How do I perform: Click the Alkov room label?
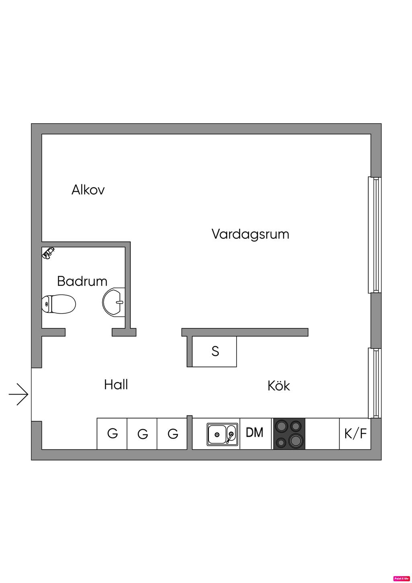coord(88,190)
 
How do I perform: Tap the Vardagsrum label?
coord(250,234)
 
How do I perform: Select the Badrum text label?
coord(82,281)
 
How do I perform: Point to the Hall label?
coord(116,385)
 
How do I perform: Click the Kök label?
coord(278,386)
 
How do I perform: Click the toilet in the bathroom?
coord(59,304)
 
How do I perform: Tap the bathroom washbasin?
coord(114,302)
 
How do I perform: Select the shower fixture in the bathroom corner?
coord(49,253)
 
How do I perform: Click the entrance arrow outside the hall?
coord(19,394)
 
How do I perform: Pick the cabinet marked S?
coord(214,351)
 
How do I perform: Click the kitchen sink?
coord(222,434)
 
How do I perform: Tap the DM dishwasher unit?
coord(255,433)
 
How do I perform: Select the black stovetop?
coord(289,434)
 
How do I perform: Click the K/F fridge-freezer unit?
coord(355,434)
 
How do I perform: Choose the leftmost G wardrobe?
coord(112,434)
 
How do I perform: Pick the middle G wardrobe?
coord(142,434)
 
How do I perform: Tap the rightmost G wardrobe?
coord(172,434)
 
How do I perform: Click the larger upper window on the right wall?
coord(374,235)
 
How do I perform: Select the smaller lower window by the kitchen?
coord(374,383)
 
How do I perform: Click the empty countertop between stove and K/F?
coord(322,434)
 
